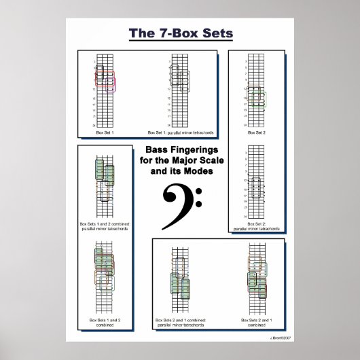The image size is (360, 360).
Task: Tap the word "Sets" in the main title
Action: click(216, 33)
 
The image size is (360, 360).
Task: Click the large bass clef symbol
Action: click(181, 206)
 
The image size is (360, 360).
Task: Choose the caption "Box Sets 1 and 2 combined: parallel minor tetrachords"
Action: click(105, 226)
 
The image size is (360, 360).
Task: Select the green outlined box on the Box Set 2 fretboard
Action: click(259, 99)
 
